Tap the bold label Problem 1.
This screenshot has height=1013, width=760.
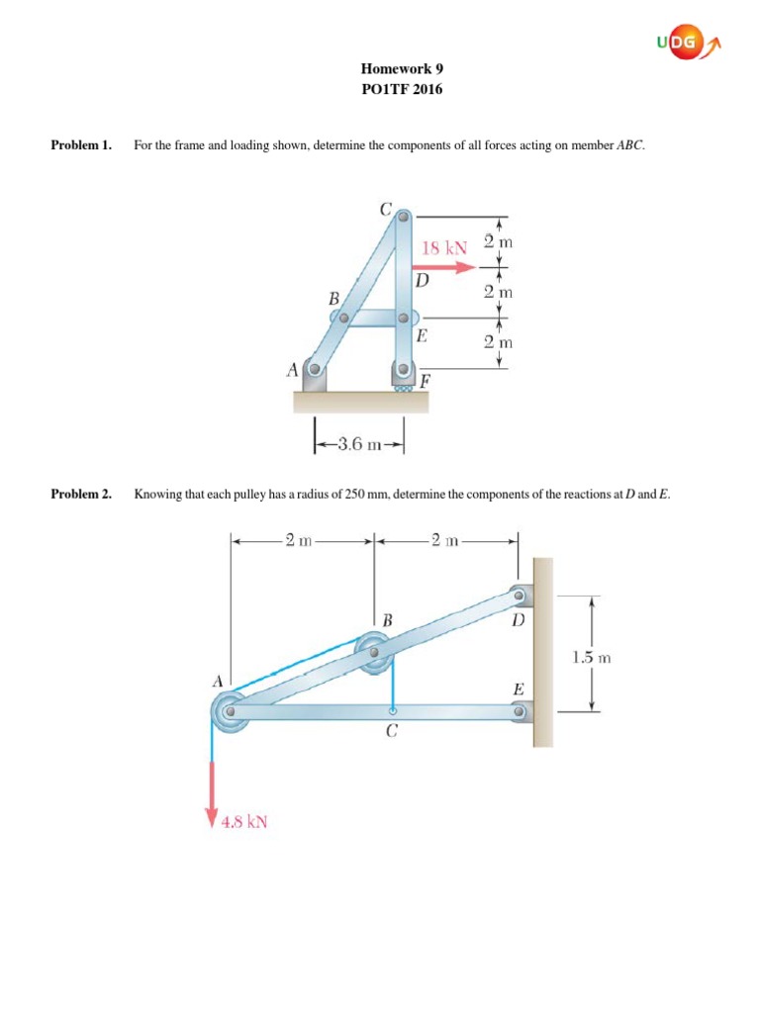click(80, 145)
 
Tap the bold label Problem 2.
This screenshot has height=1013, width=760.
click(80, 494)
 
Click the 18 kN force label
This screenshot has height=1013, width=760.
click(444, 248)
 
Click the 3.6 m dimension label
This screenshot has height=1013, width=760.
click(360, 444)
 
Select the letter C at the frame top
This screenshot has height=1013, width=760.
click(385, 209)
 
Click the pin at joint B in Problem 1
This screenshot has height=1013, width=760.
click(341, 319)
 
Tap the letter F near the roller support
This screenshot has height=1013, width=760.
click(425, 381)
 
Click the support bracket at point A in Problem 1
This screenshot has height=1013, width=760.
click(313, 377)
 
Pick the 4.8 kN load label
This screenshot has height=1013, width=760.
click(244, 821)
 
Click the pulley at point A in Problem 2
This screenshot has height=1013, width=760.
click(230, 711)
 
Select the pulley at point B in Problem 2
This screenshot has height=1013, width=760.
click(374, 653)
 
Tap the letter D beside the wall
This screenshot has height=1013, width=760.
click(519, 622)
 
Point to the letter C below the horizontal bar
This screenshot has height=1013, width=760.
click(392, 733)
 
